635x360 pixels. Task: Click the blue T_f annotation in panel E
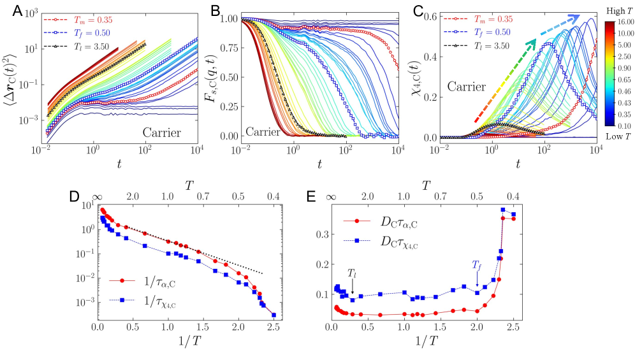point(477,264)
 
